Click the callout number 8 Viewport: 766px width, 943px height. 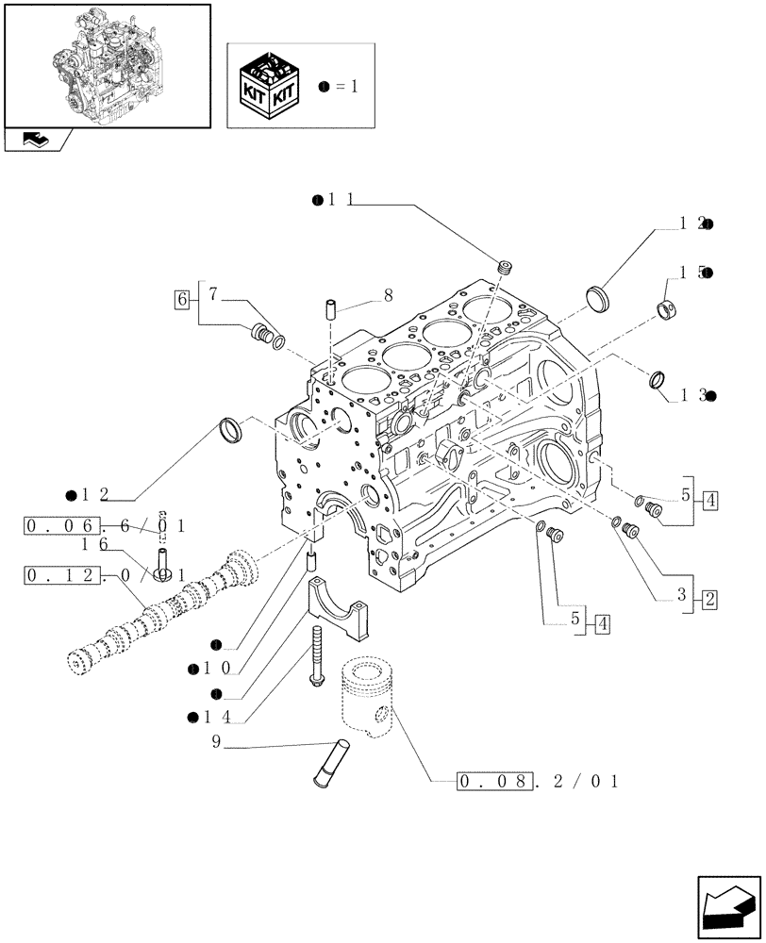pos(387,296)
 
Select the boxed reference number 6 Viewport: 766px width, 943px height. pos(181,300)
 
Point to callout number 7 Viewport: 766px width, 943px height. pos(213,295)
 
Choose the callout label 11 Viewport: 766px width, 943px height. pos(337,200)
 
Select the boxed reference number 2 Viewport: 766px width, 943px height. pos(709,598)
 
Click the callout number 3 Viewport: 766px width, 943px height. pos(681,598)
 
